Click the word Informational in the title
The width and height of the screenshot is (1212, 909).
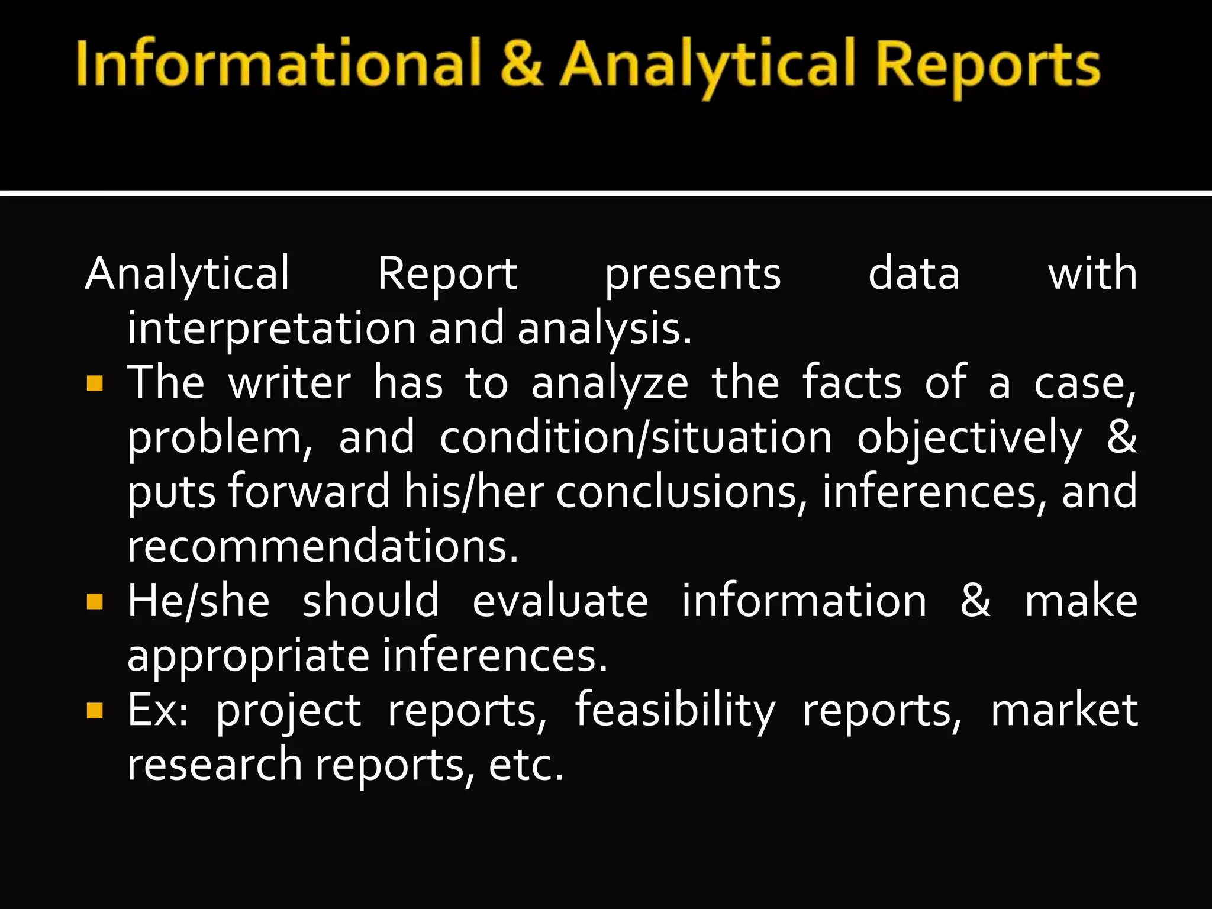coord(277,63)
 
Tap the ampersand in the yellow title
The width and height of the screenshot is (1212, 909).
coord(521,63)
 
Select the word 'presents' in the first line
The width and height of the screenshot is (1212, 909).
coord(692,275)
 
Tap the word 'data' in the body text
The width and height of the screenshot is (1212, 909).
coord(914,273)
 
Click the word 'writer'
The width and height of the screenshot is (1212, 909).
coord(289,383)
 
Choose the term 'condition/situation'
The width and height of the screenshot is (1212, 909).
coord(636,438)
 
